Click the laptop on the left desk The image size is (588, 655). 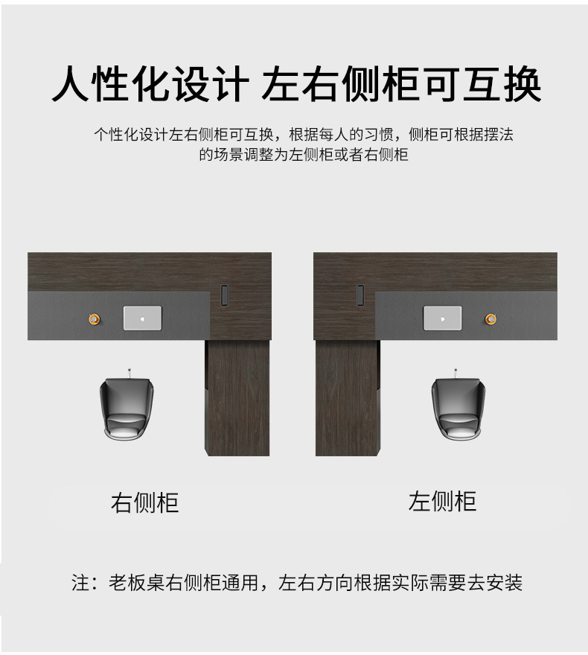[142, 318]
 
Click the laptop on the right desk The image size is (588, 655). [442, 318]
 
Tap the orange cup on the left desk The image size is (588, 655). [94, 319]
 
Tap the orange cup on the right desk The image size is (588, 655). [490, 319]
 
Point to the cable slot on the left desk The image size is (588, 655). [225, 295]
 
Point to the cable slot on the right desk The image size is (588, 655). [360, 295]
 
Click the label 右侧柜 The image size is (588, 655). [145, 502]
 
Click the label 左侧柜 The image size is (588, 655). [442, 501]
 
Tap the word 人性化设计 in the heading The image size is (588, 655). [150, 85]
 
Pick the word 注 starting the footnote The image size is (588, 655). [80, 582]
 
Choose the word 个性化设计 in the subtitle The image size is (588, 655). [131, 135]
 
